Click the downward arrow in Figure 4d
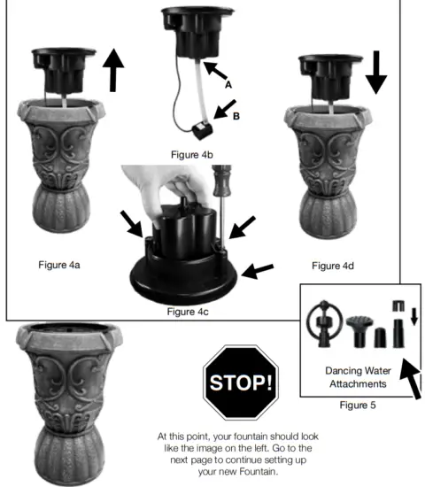pyautogui.click(x=376, y=71)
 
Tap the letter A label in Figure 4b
pyautogui.click(x=228, y=86)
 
